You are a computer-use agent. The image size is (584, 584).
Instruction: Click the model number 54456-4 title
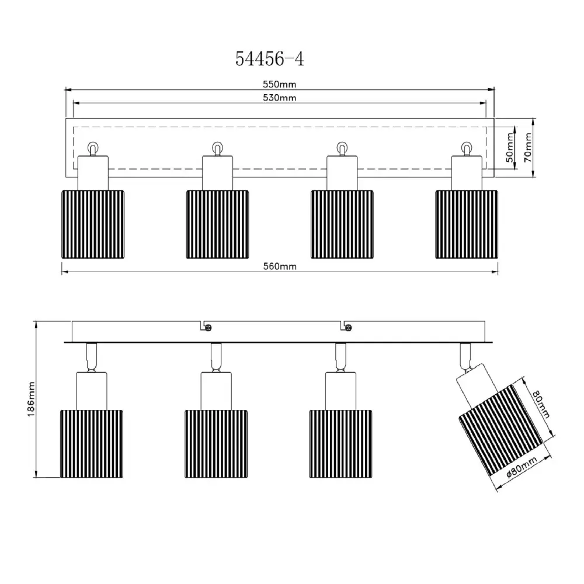point(270,59)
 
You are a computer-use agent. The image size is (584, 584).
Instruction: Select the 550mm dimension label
point(279,85)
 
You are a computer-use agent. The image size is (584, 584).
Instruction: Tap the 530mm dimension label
point(279,98)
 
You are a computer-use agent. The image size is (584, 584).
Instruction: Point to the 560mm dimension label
point(280,267)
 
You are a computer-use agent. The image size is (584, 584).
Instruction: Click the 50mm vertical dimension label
point(510,148)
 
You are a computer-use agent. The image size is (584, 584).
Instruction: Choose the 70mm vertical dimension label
point(528,148)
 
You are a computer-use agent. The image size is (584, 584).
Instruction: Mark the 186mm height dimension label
point(32,399)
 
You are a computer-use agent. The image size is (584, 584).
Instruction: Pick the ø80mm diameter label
point(522,468)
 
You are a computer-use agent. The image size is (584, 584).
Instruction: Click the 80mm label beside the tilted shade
point(541,404)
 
